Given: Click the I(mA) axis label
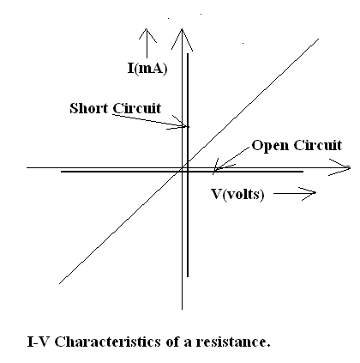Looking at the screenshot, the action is point(147,69).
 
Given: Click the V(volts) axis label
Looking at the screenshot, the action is point(237,195).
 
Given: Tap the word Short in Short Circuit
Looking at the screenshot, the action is point(89,108).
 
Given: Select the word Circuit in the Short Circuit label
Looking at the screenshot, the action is point(136,108).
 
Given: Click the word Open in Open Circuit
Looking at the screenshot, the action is point(270,146).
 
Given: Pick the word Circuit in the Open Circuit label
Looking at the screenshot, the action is point(318,145).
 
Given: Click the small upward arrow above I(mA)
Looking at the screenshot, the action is point(147,43).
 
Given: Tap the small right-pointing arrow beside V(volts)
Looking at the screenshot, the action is point(295,193).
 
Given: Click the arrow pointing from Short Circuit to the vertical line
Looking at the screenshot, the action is point(149,121).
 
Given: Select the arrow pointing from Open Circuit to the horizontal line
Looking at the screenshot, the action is point(232,159).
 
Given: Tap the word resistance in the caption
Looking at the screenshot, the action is point(233,342).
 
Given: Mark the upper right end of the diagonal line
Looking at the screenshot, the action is point(319,39).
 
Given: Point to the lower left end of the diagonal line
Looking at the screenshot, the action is point(59,283).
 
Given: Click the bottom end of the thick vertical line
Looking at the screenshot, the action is point(188,276).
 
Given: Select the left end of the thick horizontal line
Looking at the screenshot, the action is point(61,172).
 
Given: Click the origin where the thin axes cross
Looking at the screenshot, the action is point(182,167).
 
